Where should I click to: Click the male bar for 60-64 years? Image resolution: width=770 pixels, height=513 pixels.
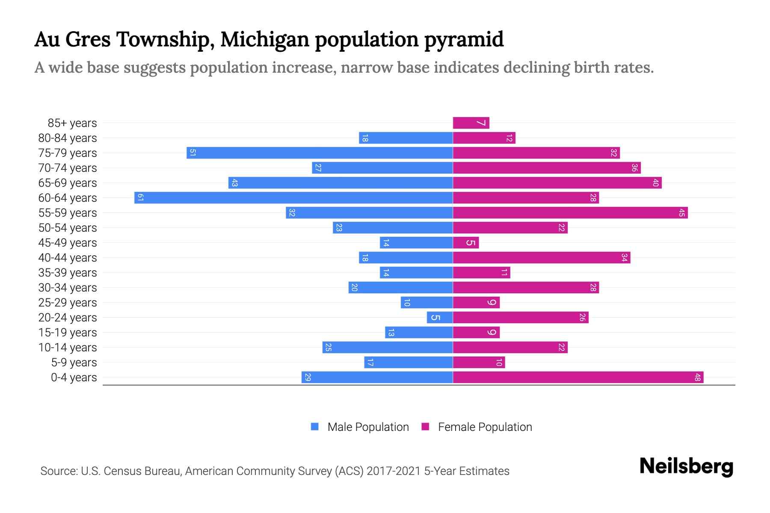pyautogui.click(x=293, y=198)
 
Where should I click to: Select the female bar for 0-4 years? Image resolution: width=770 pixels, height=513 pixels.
pyautogui.click(x=577, y=377)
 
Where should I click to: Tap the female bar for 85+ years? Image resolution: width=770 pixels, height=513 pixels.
pyautogui.click(x=471, y=123)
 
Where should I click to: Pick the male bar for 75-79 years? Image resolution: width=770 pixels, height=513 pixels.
pyautogui.click(x=320, y=153)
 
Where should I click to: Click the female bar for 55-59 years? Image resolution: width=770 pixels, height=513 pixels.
pyautogui.click(x=570, y=213)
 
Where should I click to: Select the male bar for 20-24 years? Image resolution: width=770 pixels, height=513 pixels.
pyautogui.click(x=440, y=318)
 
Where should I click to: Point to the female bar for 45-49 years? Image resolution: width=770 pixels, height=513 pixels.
pyautogui.click(x=465, y=243)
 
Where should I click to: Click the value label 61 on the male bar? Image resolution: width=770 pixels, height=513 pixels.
pyautogui.click(x=140, y=198)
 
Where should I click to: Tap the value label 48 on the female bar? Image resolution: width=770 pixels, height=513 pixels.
pyautogui.click(x=697, y=377)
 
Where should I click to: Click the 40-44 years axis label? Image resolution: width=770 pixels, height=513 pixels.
pyautogui.click(x=68, y=258)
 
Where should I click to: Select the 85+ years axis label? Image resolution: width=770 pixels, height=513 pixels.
pyautogui.click(x=72, y=123)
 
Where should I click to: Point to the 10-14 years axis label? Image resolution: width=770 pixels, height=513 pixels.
pyautogui.click(x=68, y=348)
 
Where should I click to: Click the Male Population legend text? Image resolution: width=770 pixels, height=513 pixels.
pyautogui.click(x=368, y=427)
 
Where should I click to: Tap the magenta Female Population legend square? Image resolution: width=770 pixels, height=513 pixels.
pyautogui.click(x=425, y=427)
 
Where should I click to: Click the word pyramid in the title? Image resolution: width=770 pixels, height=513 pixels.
pyautogui.click(x=464, y=40)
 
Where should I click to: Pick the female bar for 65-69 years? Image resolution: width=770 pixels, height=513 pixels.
pyautogui.click(x=557, y=183)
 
